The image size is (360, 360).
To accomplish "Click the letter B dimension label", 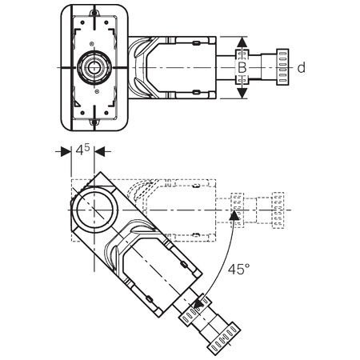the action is point(242,67).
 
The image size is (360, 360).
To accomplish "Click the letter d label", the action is point(302,68).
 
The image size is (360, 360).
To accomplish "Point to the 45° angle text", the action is point(238,269).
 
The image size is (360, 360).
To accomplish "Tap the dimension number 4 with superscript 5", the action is point(82,150).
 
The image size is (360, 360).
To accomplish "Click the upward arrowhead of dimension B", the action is point(242,42).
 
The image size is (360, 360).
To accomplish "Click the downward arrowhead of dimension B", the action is point(242,93).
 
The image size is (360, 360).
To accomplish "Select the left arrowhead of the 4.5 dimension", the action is point(66,152).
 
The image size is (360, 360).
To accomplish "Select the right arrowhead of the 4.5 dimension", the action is point(99,152).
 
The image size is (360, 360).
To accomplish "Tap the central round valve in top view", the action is point(94,67).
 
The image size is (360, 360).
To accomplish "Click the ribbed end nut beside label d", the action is point(282,67).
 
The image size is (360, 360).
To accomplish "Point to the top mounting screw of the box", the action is point(94,13).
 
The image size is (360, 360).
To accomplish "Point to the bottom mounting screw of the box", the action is point(94,122).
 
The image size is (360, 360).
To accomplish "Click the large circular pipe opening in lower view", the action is point(94,210).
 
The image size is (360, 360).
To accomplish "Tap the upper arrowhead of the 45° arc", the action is point(234,215).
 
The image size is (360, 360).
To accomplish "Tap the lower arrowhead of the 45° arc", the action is point(198,303).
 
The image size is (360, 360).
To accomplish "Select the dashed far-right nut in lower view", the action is point(278,210).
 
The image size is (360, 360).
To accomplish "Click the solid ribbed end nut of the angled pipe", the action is point(224,338).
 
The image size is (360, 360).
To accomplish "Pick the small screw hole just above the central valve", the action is point(91,43).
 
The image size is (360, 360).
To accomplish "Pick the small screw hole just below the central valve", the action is point(97,91).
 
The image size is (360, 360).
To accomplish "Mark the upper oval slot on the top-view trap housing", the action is point(196,42).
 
